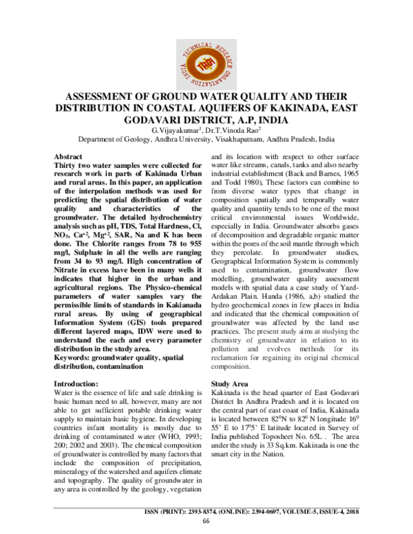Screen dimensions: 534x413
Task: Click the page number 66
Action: [x=206, y=521]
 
